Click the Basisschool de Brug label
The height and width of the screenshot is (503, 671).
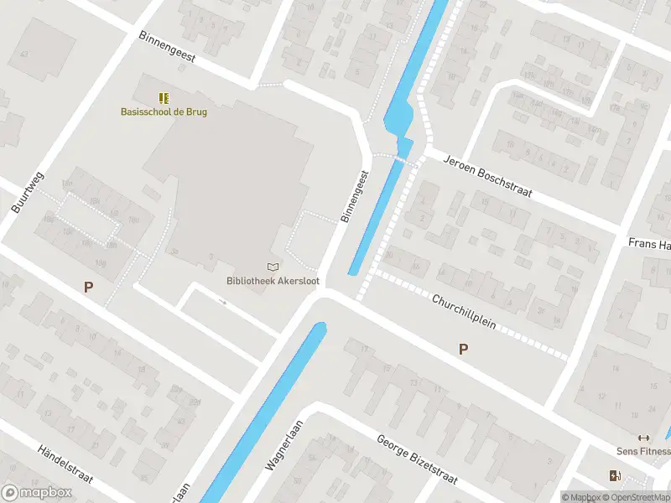(x=164, y=111)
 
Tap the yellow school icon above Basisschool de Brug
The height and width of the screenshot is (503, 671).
(x=164, y=98)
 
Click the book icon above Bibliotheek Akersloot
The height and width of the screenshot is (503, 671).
(x=272, y=267)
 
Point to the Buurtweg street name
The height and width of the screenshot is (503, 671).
(x=28, y=194)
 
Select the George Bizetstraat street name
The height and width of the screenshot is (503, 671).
(x=416, y=459)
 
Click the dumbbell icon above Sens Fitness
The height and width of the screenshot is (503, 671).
(x=644, y=438)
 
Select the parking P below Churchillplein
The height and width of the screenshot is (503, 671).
(x=463, y=349)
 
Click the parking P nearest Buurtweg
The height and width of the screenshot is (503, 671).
(x=88, y=287)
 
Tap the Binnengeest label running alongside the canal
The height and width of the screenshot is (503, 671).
(x=355, y=196)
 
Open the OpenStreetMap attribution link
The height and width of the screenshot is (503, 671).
(x=636, y=497)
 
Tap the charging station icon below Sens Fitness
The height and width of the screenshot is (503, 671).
(x=616, y=476)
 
